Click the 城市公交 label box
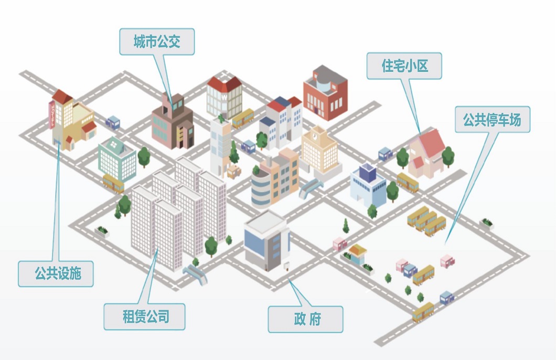click(157, 42)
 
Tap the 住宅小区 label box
click(404, 66)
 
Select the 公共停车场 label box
click(493, 120)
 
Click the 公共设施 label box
click(56, 274)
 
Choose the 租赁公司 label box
click(144, 317)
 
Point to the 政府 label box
click(305, 319)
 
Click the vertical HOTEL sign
click(52, 114)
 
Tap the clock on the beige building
click(315, 135)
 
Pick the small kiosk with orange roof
click(357, 255)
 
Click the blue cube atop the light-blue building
click(367, 173)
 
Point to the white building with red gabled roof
click(224, 97)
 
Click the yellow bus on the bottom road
click(423, 312)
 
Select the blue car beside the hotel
click(113, 122)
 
